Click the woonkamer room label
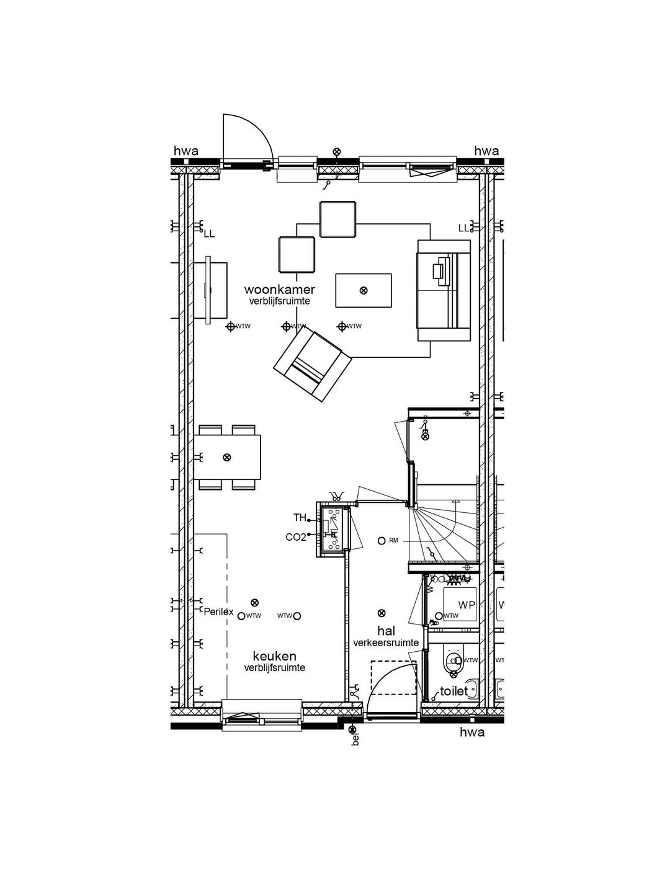coord(279,290)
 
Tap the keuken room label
coord(274,656)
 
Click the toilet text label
coord(453,691)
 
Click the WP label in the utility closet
coord(466,604)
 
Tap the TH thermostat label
coord(300,517)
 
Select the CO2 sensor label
coord(296,537)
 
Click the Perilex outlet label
coord(218,612)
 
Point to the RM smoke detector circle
coord(382,541)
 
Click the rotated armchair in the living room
coord(313,365)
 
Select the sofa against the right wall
coord(444,290)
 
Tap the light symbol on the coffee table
coord(364,290)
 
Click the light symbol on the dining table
coord(227,458)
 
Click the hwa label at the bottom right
coord(471,732)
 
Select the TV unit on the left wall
coord(210,290)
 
